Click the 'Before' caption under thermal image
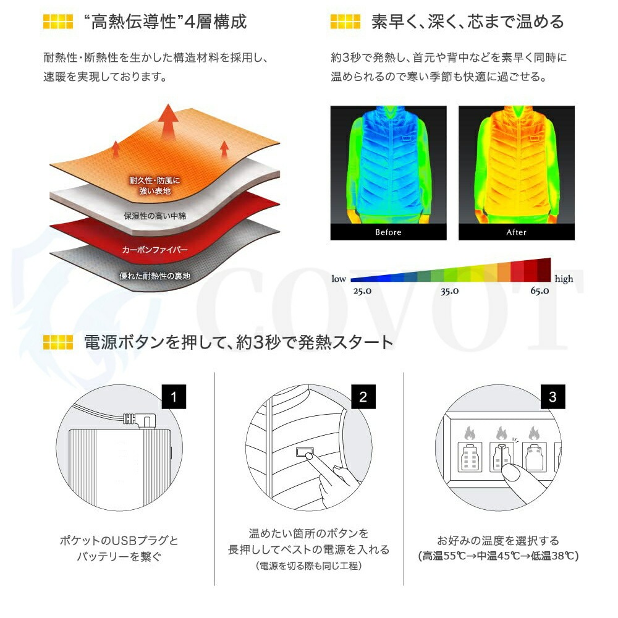coord(388,232)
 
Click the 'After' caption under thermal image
coord(516,232)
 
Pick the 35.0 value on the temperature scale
coord(449,291)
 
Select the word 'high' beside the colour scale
coord(564,279)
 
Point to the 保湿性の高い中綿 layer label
coord(154,216)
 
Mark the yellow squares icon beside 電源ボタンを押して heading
coord(58,342)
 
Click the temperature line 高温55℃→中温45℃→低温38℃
coord(498,556)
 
